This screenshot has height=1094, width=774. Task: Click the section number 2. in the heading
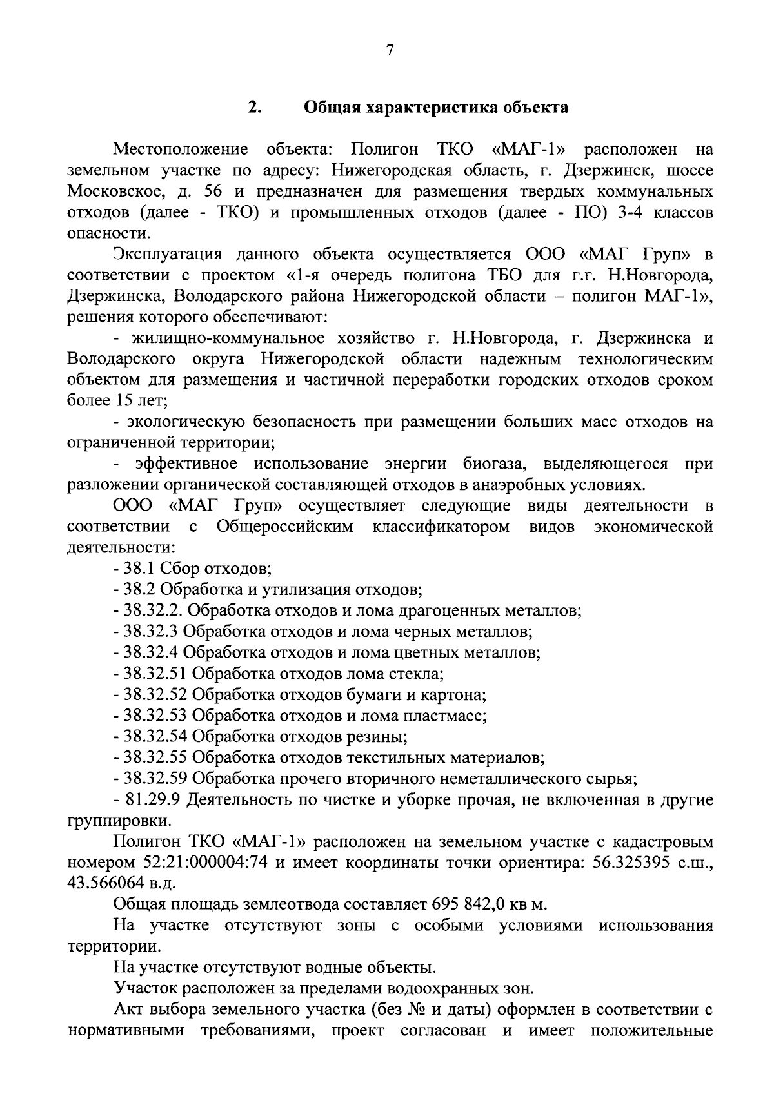coord(253,107)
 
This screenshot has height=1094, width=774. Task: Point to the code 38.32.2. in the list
coord(154,610)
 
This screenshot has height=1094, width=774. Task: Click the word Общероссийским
coord(285,527)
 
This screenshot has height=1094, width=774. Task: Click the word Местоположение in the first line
coord(181,150)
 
